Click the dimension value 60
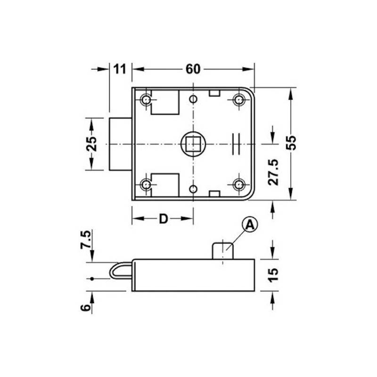coord(193,69)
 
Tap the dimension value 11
coord(120,69)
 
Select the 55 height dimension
coord(291,143)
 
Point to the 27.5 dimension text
coord(273,172)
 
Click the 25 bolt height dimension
coord(91,144)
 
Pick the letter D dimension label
coord(163,219)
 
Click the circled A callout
coord(250,225)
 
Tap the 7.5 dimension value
coord(86,239)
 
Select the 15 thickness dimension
coord(273,275)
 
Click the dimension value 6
coord(85,308)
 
